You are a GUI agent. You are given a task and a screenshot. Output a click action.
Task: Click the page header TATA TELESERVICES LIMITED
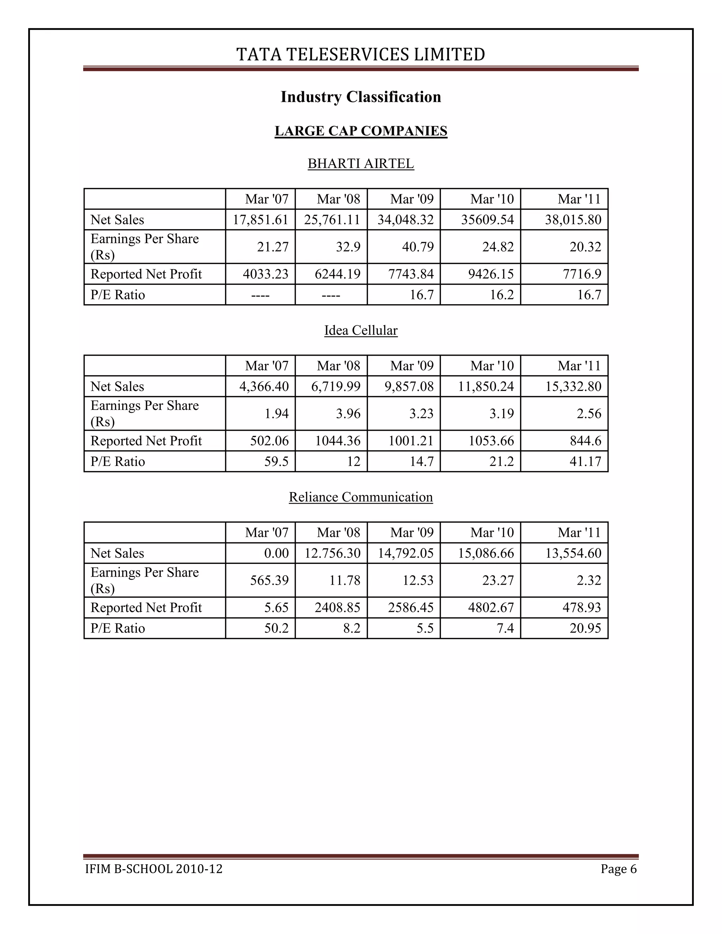pyautogui.click(x=361, y=55)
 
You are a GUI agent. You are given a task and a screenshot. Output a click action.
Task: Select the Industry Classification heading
pyautogui.click(x=361, y=97)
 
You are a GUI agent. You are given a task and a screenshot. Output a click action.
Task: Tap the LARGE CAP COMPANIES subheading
pyautogui.click(x=361, y=131)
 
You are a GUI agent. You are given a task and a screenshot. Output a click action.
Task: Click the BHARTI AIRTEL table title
pyautogui.click(x=361, y=164)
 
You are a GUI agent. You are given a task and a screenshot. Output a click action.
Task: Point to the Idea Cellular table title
pyautogui.click(x=361, y=331)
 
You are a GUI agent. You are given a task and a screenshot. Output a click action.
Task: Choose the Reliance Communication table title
pyautogui.click(x=361, y=497)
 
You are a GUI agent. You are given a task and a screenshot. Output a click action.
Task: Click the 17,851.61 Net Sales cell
pyautogui.click(x=261, y=220)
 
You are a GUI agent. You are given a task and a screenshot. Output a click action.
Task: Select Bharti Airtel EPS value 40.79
pyautogui.click(x=417, y=247)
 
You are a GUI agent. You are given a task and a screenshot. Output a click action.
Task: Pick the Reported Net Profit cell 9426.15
pyautogui.click(x=491, y=274)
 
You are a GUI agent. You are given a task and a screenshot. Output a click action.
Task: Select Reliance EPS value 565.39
pyautogui.click(x=269, y=580)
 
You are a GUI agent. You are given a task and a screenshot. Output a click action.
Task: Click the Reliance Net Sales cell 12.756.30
pyautogui.click(x=332, y=553)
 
